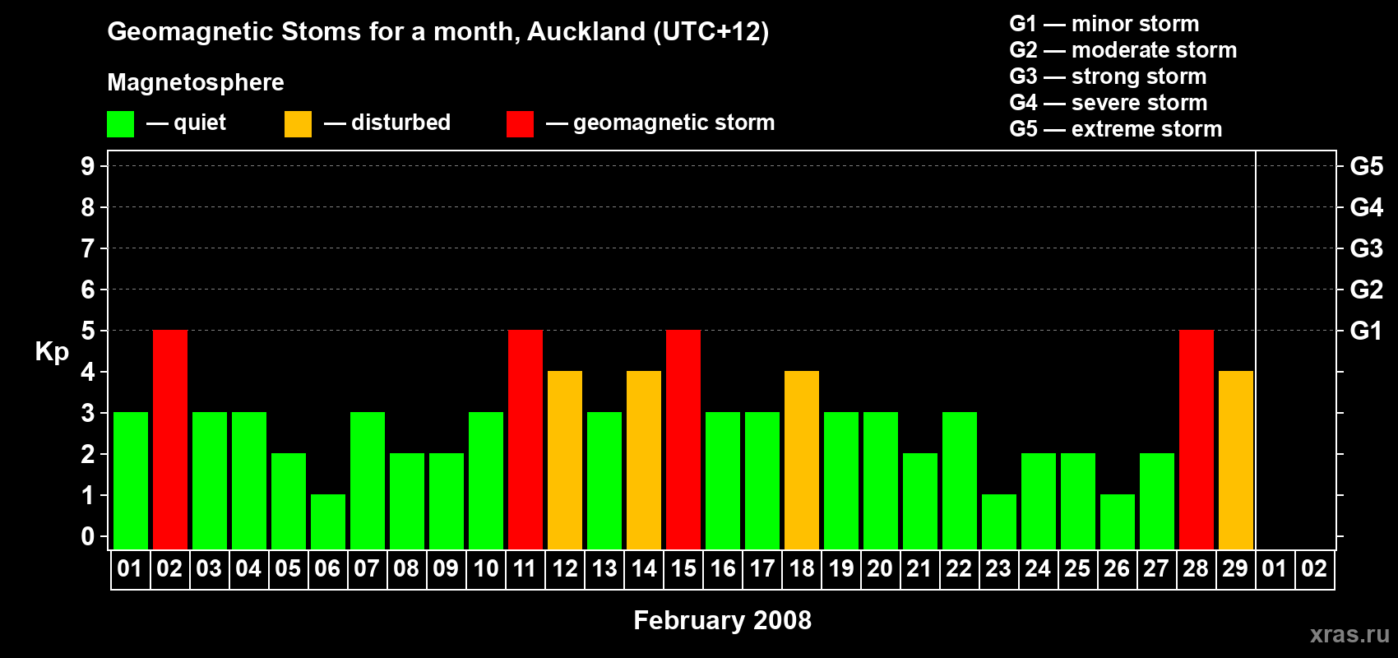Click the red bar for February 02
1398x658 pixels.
(170, 439)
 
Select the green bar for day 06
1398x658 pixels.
(328, 521)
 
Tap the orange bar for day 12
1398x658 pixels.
(565, 460)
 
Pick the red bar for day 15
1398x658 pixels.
(683, 439)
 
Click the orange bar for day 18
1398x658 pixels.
(802, 460)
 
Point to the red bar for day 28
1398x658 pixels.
(1197, 439)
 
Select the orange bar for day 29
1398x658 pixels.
(1236, 460)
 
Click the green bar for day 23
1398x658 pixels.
(999, 521)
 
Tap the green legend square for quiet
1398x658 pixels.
(120, 124)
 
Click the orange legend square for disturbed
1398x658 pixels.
(298, 124)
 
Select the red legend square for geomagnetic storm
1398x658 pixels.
(520, 124)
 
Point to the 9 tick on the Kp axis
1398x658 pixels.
(88, 166)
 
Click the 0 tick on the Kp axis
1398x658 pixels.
(88, 536)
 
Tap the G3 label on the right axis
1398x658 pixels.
(1366, 248)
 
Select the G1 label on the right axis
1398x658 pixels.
(1366, 331)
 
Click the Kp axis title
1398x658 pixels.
(52, 352)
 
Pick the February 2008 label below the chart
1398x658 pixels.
(722, 620)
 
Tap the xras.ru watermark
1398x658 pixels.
(1349, 634)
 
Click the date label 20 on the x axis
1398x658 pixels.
(880, 568)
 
